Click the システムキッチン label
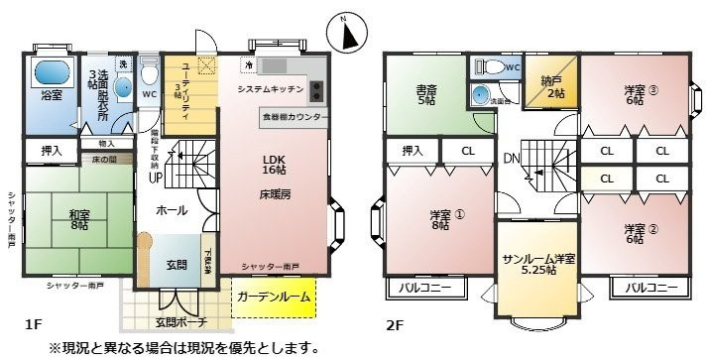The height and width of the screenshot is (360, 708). click(x=269, y=90)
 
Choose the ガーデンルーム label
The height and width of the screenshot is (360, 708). click(x=273, y=297)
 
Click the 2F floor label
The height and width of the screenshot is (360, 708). click(x=394, y=324)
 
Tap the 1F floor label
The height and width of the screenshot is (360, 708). click(x=32, y=324)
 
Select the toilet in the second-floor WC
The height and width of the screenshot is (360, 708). click(x=493, y=67)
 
